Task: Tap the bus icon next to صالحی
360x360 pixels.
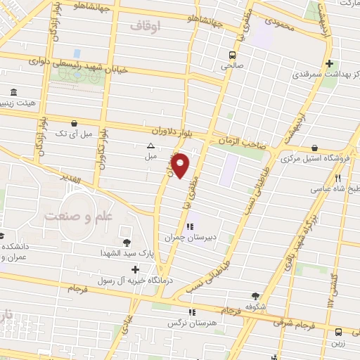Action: tap(232, 55)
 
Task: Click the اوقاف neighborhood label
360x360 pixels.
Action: tap(146, 25)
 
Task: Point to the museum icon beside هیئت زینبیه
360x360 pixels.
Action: tap(13, 93)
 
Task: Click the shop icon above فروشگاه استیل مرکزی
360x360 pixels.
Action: tap(313, 148)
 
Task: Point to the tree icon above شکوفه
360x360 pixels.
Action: tap(255, 296)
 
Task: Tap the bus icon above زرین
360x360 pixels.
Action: tap(338, 332)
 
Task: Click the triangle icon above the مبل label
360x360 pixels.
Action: tap(150, 146)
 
